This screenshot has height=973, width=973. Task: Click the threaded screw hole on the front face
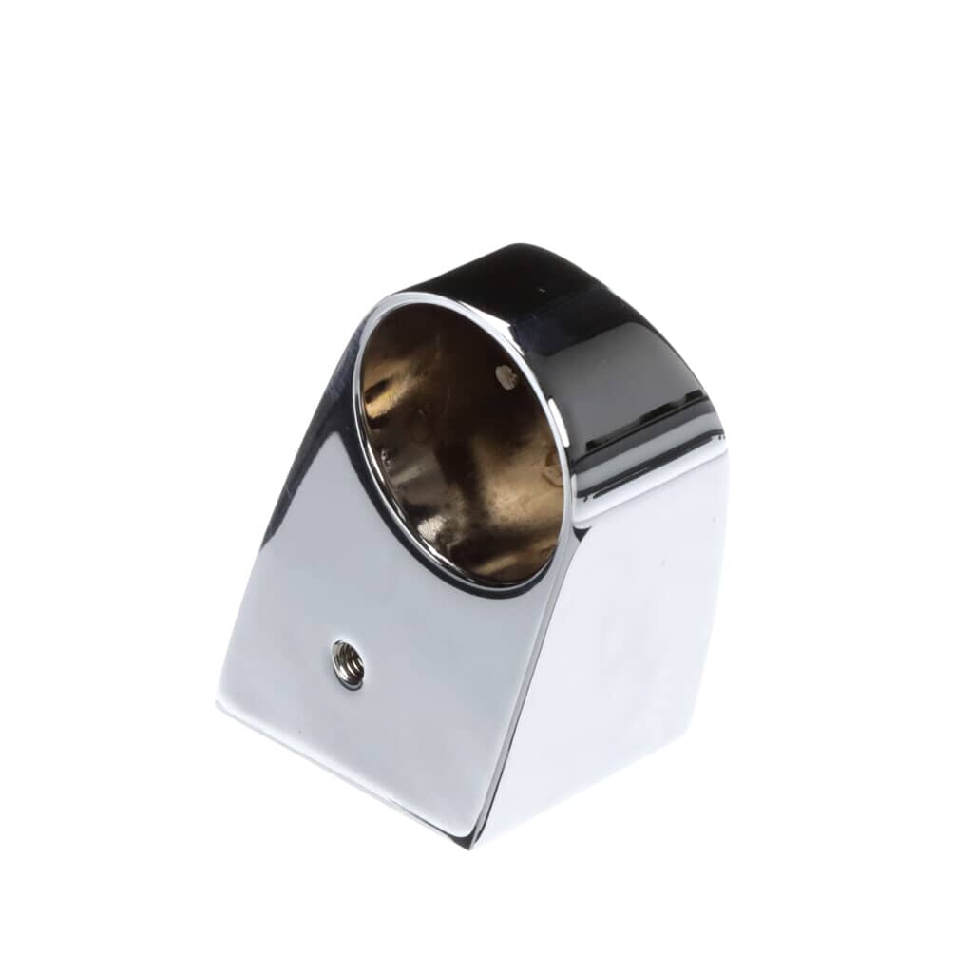pyautogui.click(x=348, y=664)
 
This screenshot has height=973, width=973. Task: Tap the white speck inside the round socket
pyautogui.click(x=506, y=377)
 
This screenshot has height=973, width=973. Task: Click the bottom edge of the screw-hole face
pyautogui.click(x=342, y=774)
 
